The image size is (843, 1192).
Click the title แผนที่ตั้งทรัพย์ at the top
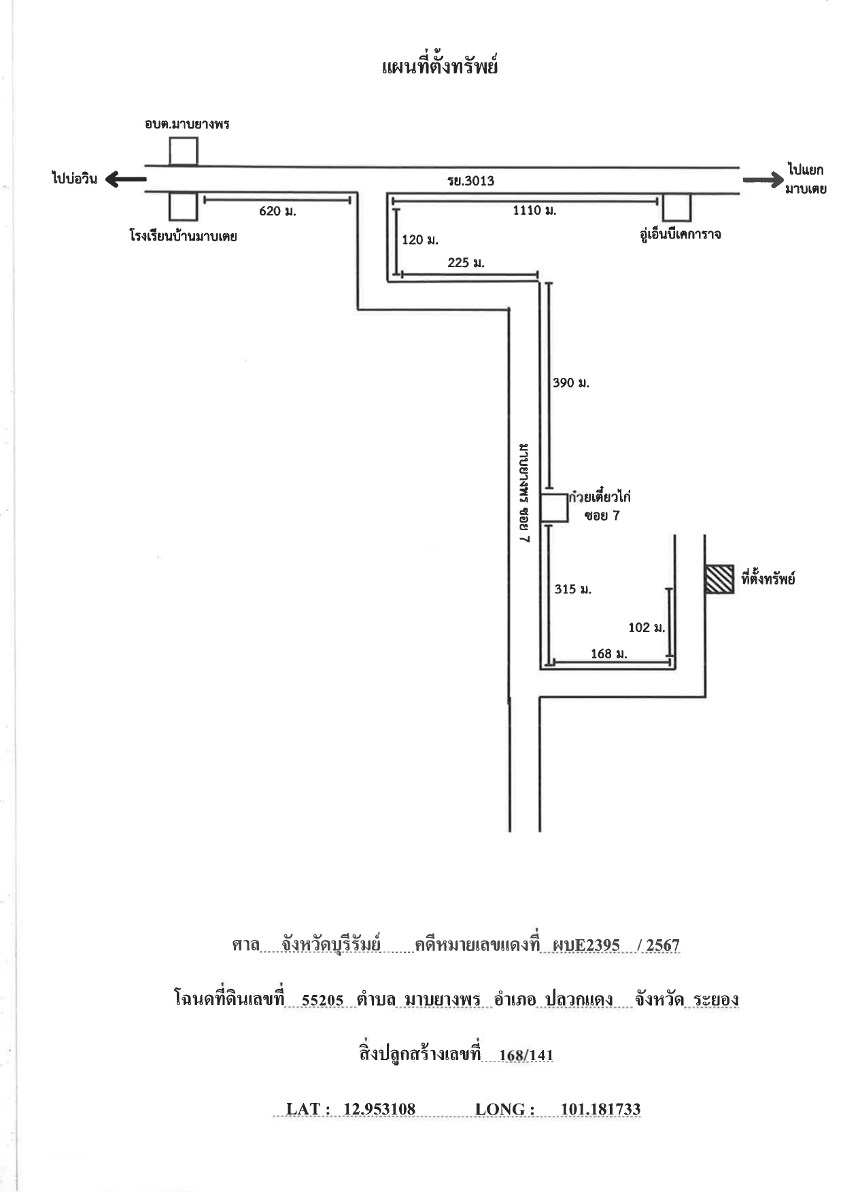click(440, 67)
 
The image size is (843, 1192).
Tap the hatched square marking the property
click(719, 579)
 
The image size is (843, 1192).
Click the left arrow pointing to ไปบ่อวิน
click(126, 179)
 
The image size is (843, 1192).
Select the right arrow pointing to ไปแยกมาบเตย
click(763, 180)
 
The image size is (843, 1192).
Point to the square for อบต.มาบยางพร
click(184, 151)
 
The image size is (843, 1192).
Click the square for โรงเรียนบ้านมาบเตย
click(184, 207)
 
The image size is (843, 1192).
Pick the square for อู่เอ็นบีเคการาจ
click(677, 207)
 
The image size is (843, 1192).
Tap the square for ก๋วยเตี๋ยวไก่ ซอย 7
click(554, 508)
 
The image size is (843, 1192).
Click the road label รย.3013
click(470, 181)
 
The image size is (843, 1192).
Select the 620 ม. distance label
click(277, 211)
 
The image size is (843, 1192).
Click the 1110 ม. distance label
click(534, 211)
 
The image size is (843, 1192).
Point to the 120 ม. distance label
click(420, 240)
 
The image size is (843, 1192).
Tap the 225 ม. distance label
click(466, 263)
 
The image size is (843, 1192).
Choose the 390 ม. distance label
click(571, 383)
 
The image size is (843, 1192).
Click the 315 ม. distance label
click(573, 589)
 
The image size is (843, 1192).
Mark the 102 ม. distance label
click(647, 627)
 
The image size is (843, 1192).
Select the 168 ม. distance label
click(609, 654)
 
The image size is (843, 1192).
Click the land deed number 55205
click(323, 1000)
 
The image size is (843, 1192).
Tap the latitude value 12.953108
click(379, 1109)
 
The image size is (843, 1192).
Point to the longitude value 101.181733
click(600, 1109)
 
